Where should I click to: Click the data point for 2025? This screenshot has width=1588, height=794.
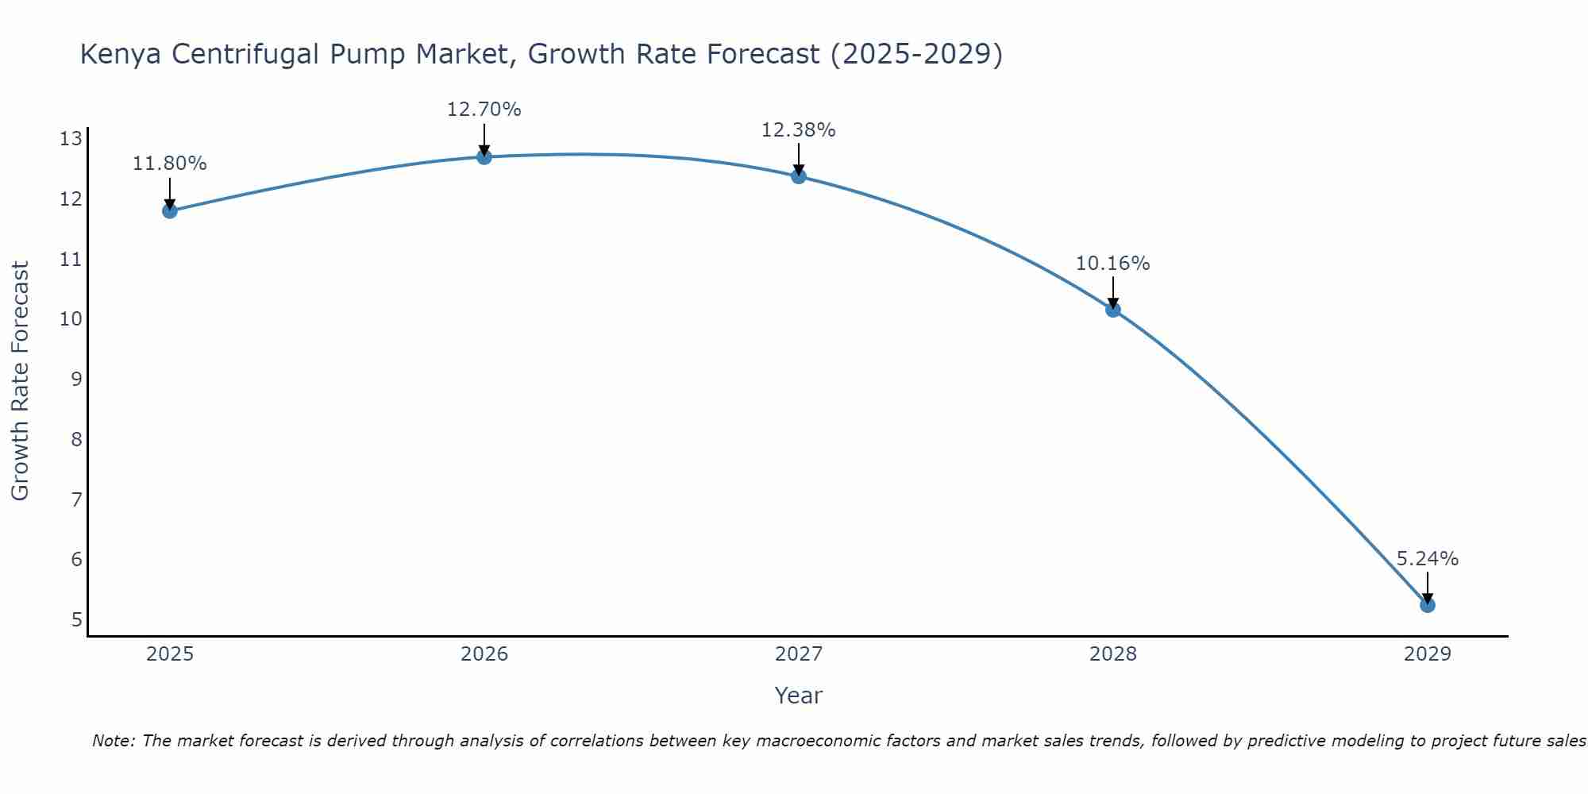pos(169,210)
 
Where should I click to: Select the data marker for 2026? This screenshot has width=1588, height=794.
pos(484,156)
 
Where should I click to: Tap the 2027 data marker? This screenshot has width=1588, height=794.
pos(798,175)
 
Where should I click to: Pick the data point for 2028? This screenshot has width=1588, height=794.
pos(1112,309)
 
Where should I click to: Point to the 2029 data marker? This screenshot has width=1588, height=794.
pos(1427,605)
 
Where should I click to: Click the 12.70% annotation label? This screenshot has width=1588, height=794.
pos(484,110)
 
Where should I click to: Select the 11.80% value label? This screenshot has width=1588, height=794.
pos(169,164)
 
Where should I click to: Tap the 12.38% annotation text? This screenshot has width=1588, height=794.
pos(798,130)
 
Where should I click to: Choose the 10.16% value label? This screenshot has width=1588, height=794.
pos(1112,264)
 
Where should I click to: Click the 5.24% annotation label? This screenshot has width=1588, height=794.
pos(1427,559)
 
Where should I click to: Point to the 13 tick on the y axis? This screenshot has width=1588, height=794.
pos(71,140)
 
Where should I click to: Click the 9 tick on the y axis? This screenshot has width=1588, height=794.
pos(76,380)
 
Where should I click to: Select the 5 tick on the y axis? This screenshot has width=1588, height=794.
pos(76,619)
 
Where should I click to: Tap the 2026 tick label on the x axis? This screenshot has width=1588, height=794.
pos(484,654)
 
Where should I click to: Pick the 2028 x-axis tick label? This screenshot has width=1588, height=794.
pos(1112,654)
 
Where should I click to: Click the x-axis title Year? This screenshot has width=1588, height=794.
pos(798,696)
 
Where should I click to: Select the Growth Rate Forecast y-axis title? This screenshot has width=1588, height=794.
pos(20,381)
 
